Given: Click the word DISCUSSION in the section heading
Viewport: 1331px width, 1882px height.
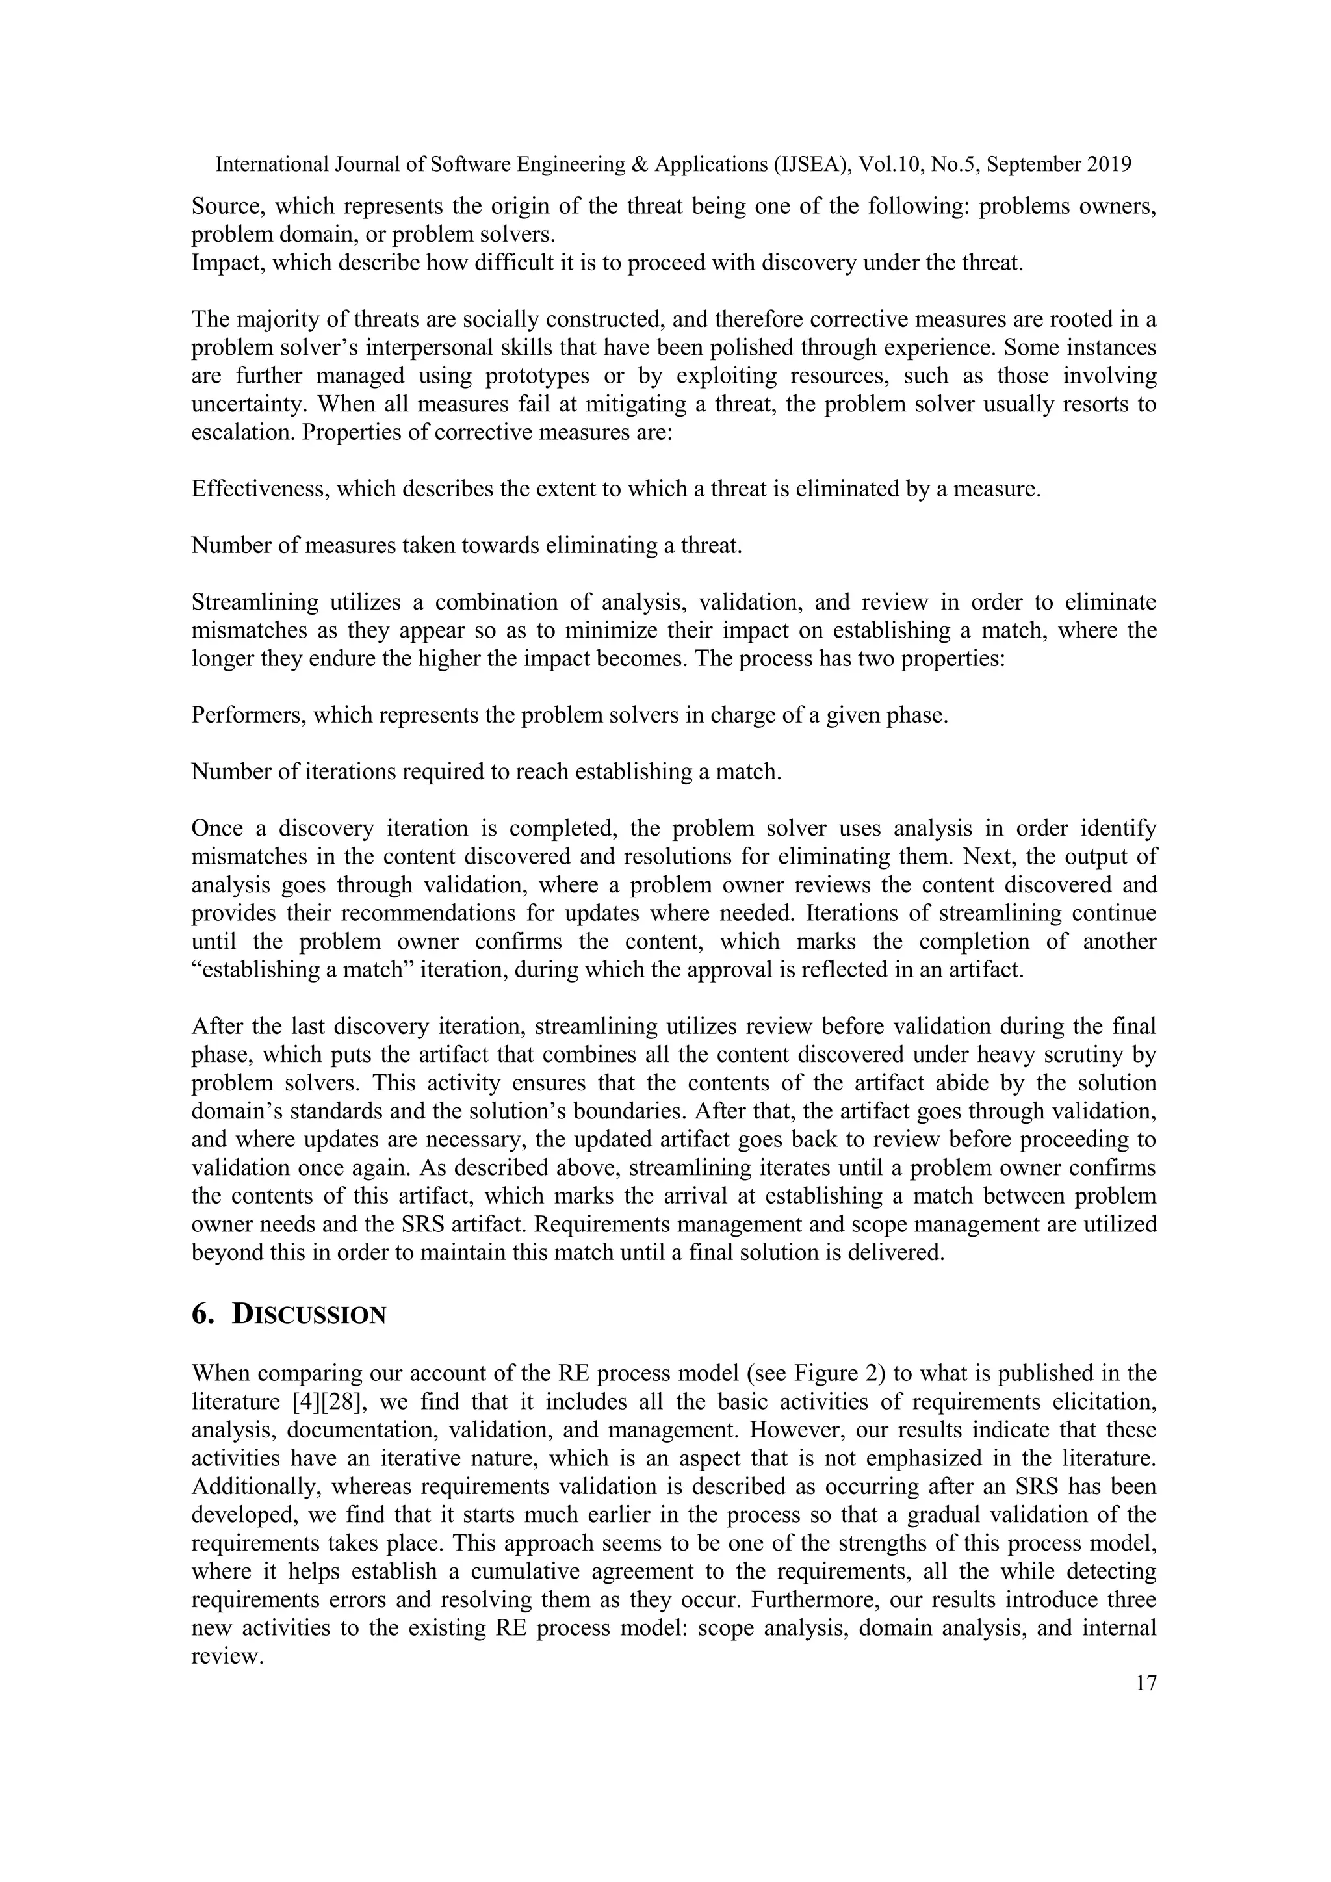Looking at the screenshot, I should [309, 1314].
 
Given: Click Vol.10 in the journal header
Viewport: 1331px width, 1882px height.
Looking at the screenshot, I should [889, 165].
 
